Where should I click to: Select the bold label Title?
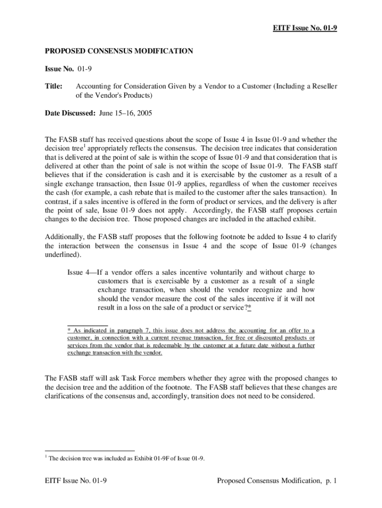pos(54,86)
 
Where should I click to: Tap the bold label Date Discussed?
pos(70,113)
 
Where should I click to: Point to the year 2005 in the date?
pos(144,113)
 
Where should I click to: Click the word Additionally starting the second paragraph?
pos(65,237)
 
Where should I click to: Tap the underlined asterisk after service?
pos(249,308)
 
